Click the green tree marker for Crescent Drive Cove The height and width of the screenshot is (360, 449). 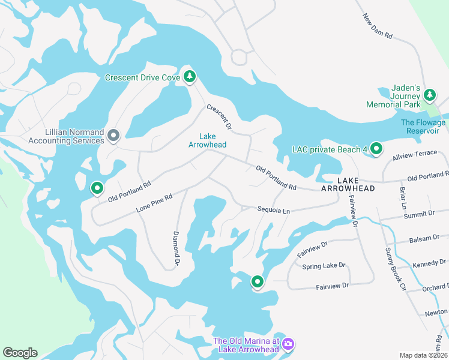pos(190,76)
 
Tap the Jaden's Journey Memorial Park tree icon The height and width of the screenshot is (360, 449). pos(429,95)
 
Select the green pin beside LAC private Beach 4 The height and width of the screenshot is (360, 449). pos(376,148)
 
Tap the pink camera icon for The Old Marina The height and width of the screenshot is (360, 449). pos(288,344)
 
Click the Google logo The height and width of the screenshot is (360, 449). pos(20,353)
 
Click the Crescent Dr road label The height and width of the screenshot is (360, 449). pos(219,117)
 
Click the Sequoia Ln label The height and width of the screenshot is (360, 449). pos(274,211)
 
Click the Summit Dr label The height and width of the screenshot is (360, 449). pos(419,214)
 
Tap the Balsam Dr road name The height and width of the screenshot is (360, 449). pos(424,238)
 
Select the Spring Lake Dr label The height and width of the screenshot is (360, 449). pos(324,265)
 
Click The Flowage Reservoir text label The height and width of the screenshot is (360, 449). pos(423,127)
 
